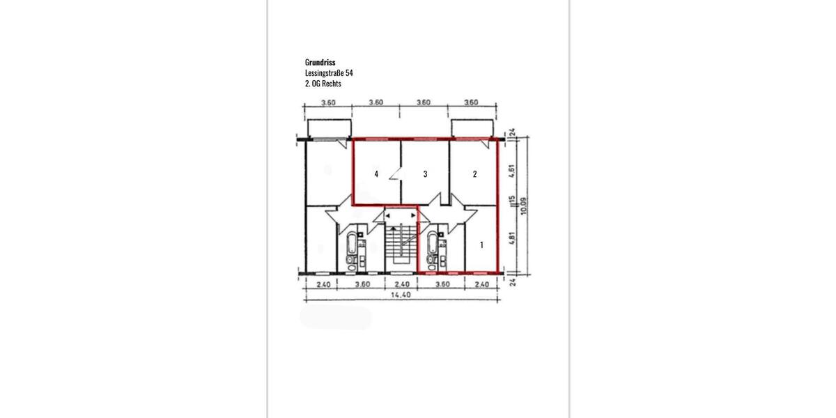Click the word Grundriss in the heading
pyautogui.click(x=320, y=62)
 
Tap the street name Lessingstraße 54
pyautogui.click(x=334, y=72)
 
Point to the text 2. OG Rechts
pyautogui.click(x=323, y=84)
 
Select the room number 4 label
pyautogui.click(x=376, y=174)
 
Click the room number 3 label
pyautogui.click(x=425, y=174)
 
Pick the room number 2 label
pyautogui.click(x=474, y=174)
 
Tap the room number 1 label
pyautogui.click(x=481, y=245)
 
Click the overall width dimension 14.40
pyautogui.click(x=401, y=295)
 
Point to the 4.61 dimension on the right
pyautogui.click(x=511, y=171)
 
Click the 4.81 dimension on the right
pyautogui.click(x=511, y=238)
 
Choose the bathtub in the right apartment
pyautogui.click(x=434, y=245)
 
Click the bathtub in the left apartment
pyautogui.click(x=352, y=245)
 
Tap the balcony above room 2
pyautogui.click(x=472, y=129)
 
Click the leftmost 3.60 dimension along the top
pyautogui.click(x=328, y=102)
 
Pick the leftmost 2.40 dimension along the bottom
pyautogui.click(x=323, y=284)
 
